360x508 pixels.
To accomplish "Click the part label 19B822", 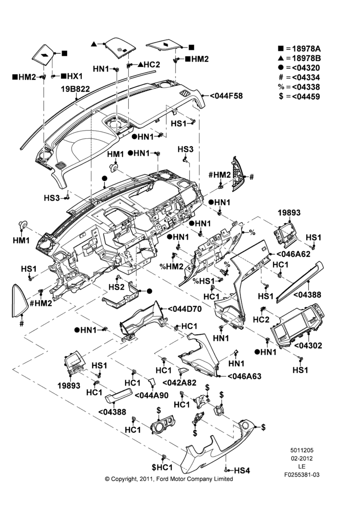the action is [76, 89].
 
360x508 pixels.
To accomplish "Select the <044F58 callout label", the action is [226, 96].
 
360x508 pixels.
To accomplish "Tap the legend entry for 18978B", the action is [299, 58].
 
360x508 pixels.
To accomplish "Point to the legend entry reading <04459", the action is [299, 97].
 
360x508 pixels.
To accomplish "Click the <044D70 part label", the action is [184, 309].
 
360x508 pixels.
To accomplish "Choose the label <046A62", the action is [293, 255].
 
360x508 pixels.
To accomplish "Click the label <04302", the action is [308, 345].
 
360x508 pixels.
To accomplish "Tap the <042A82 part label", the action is [179, 383].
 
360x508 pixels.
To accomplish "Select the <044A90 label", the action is [151, 395].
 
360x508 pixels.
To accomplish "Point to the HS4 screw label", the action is [242, 470].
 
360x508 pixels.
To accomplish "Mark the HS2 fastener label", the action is [116, 287].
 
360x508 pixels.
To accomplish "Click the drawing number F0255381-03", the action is [302, 475].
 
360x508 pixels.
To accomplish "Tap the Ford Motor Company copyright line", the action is [169, 479].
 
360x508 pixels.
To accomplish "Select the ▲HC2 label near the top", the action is [149, 65].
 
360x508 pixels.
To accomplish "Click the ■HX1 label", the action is [72, 76].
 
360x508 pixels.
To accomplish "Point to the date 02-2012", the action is [302, 458].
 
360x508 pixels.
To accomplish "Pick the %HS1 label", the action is [204, 280].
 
